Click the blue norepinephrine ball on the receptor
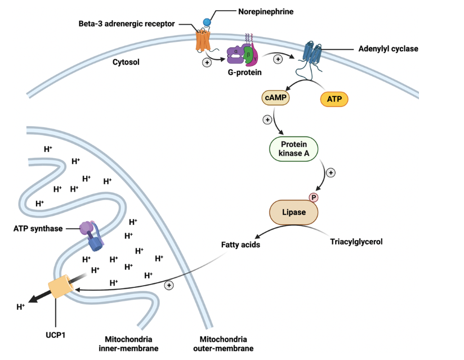tap(207, 22)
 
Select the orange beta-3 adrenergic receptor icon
tap(203, 41)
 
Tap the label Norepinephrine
tap(266, 11)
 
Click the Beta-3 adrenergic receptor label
tap(127, 24)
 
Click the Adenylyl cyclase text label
tap(388, 48)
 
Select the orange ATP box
tap(334, 100)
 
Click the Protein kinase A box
tap(293, 149)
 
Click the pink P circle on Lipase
tap(314, 197)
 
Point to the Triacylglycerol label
tap(356, 242)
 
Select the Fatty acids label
tap(241, 245)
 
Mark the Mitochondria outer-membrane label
tap(223, 344)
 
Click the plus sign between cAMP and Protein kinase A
tap(267, 120)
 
